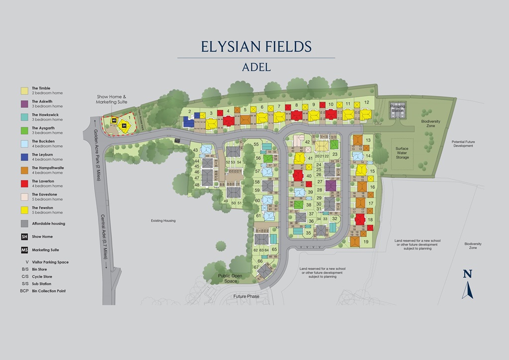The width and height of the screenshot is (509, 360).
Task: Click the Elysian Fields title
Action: tap(256, 46)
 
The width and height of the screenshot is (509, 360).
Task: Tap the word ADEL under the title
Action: tap(256, 67)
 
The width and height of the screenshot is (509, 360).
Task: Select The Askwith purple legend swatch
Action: tap(24, 104)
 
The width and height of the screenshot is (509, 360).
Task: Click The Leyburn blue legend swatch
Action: tap(24, 157)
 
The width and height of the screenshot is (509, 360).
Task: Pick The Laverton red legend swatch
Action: tap(24, 184)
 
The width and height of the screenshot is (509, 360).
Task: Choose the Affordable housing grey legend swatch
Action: tap(24, 224)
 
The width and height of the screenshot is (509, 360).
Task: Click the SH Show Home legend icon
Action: tap(24, 237)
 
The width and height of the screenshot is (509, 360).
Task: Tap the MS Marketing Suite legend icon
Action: tap(24, 250)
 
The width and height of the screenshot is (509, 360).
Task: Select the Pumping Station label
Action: tap(397, 108)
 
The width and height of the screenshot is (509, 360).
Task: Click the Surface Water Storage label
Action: tap(402, 153)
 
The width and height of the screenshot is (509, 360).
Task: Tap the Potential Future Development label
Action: tap(463, 144)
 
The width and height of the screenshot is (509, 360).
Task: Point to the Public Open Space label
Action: tap(230, 278)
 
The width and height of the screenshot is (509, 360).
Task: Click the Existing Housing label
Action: tap(164, 220)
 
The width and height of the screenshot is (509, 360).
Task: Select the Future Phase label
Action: tap(247, 296)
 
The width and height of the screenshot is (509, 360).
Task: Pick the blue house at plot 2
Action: tap(188, 122)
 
